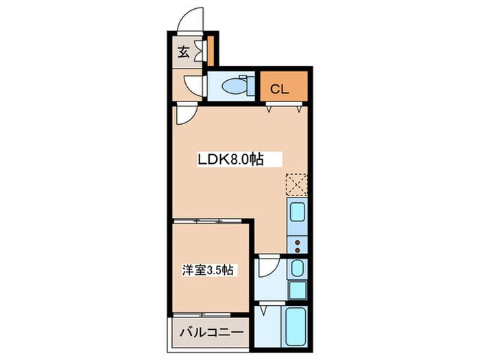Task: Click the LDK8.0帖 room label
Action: tap(230, 160)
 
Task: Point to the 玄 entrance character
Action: tap(184, 52)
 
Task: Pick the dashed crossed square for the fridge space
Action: tap(296, 184)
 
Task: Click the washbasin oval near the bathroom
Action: tap(298, 267)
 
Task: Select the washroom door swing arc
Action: tap(269, 267)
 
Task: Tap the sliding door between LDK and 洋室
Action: tap(209, 221)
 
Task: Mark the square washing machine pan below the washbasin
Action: tap(298, 290)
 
